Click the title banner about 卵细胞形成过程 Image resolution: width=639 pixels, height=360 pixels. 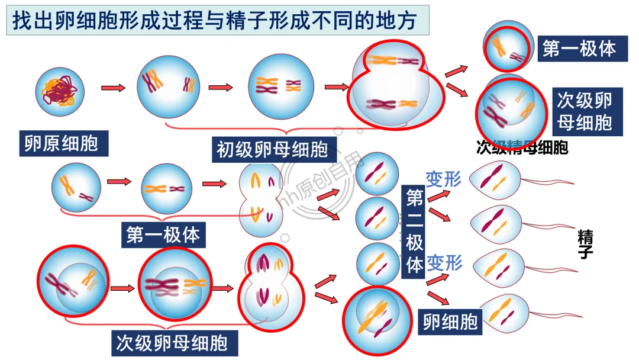coord(217,20)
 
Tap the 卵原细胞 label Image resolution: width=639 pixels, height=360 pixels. coord(62,144)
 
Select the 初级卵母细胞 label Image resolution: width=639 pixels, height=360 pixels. coord(272,150)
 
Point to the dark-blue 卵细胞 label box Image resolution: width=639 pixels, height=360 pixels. coord(450,322)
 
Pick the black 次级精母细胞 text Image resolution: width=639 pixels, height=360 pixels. coord(522,147)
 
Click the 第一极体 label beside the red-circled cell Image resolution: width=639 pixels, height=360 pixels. coord(579,49)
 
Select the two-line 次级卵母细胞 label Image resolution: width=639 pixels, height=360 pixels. coord(584,111)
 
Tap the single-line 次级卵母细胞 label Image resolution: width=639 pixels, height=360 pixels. coord(172,343)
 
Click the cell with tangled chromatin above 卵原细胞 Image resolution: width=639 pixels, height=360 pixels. coord(60,91)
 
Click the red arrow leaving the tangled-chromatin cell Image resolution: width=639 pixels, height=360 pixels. coord(114,88)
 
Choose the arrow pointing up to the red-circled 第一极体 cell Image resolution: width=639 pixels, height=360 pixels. coord(456,70)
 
